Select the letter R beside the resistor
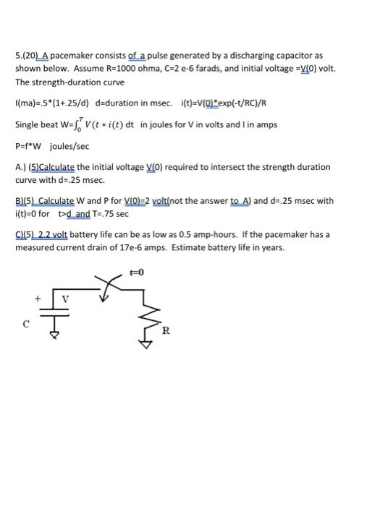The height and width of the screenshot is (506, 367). [x=166, y=331]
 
